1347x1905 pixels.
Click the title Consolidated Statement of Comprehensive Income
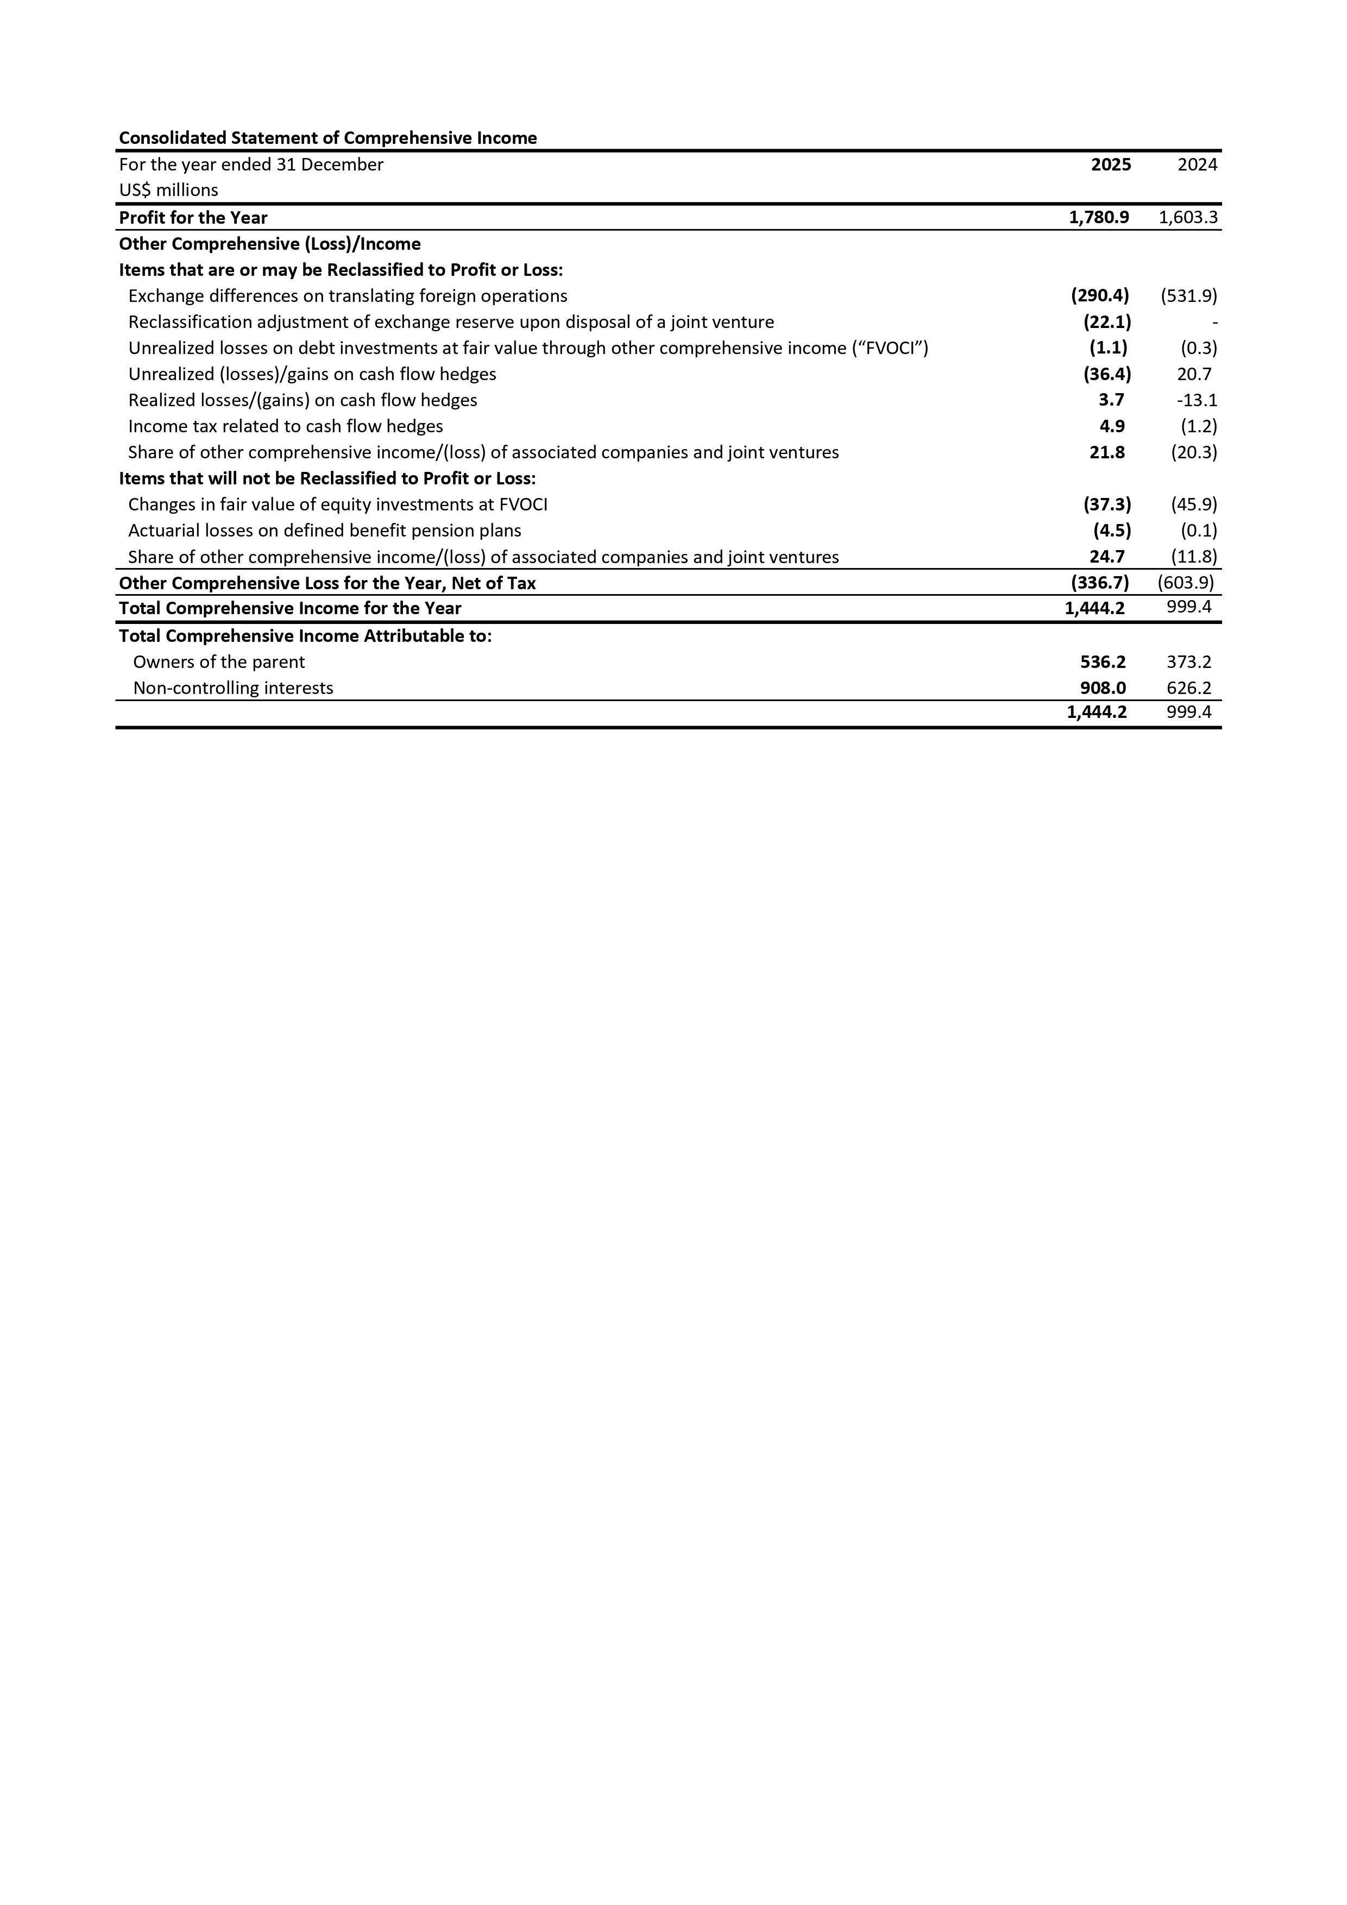[328, 138]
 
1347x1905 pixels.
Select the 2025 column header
[1111, 165]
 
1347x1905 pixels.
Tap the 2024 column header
[1197, 165]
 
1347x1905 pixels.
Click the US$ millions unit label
[168, 190]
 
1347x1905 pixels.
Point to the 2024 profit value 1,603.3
[1188, 217]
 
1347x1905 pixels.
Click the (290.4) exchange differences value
[1100, 295]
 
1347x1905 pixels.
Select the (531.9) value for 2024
[1188, 295]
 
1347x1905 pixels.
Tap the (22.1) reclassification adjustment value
[1107, 322]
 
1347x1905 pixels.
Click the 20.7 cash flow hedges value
[1194, 374]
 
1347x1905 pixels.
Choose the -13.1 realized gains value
[1197, 400]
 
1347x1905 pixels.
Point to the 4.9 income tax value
[1111, 426]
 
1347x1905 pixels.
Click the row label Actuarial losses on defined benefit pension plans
[324, 530]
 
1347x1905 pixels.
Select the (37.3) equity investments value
[1107, 504]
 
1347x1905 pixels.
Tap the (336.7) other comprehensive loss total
[1100, 583]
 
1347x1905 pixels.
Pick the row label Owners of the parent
[219, 662]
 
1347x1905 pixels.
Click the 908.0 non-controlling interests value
[1103, 688]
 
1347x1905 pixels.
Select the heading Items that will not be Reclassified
[327, 479]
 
